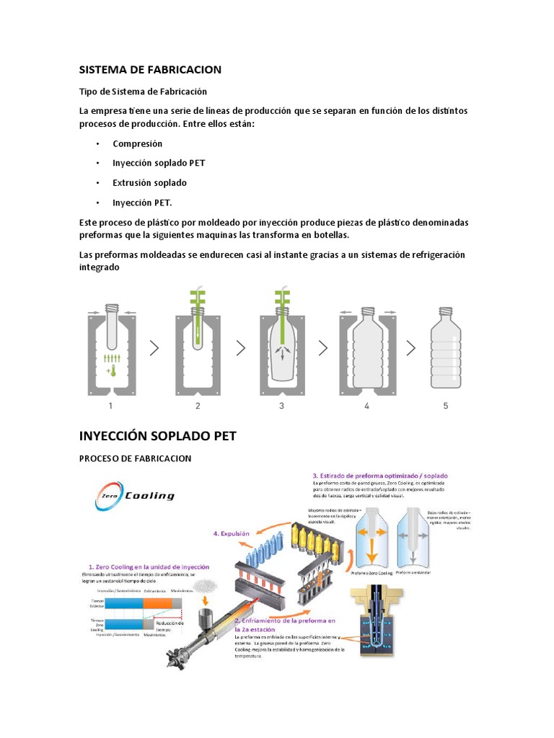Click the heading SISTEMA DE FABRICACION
click(150, 70)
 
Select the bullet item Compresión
click(137, 143)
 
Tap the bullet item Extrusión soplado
click(149, 182)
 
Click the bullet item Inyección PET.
click(142, 203)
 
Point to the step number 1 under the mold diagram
click(110, 406)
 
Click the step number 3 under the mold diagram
click(281, 406)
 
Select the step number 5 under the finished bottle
click(445, 406)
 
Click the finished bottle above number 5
click(445, 346)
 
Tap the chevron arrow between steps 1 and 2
click(154, 348)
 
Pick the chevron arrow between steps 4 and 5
click(410, 348)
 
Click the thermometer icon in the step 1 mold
click(111, 372)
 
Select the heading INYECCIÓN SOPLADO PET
click(157, 436)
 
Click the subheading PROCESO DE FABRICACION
click(135, 459)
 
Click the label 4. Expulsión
click(231, 534)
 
